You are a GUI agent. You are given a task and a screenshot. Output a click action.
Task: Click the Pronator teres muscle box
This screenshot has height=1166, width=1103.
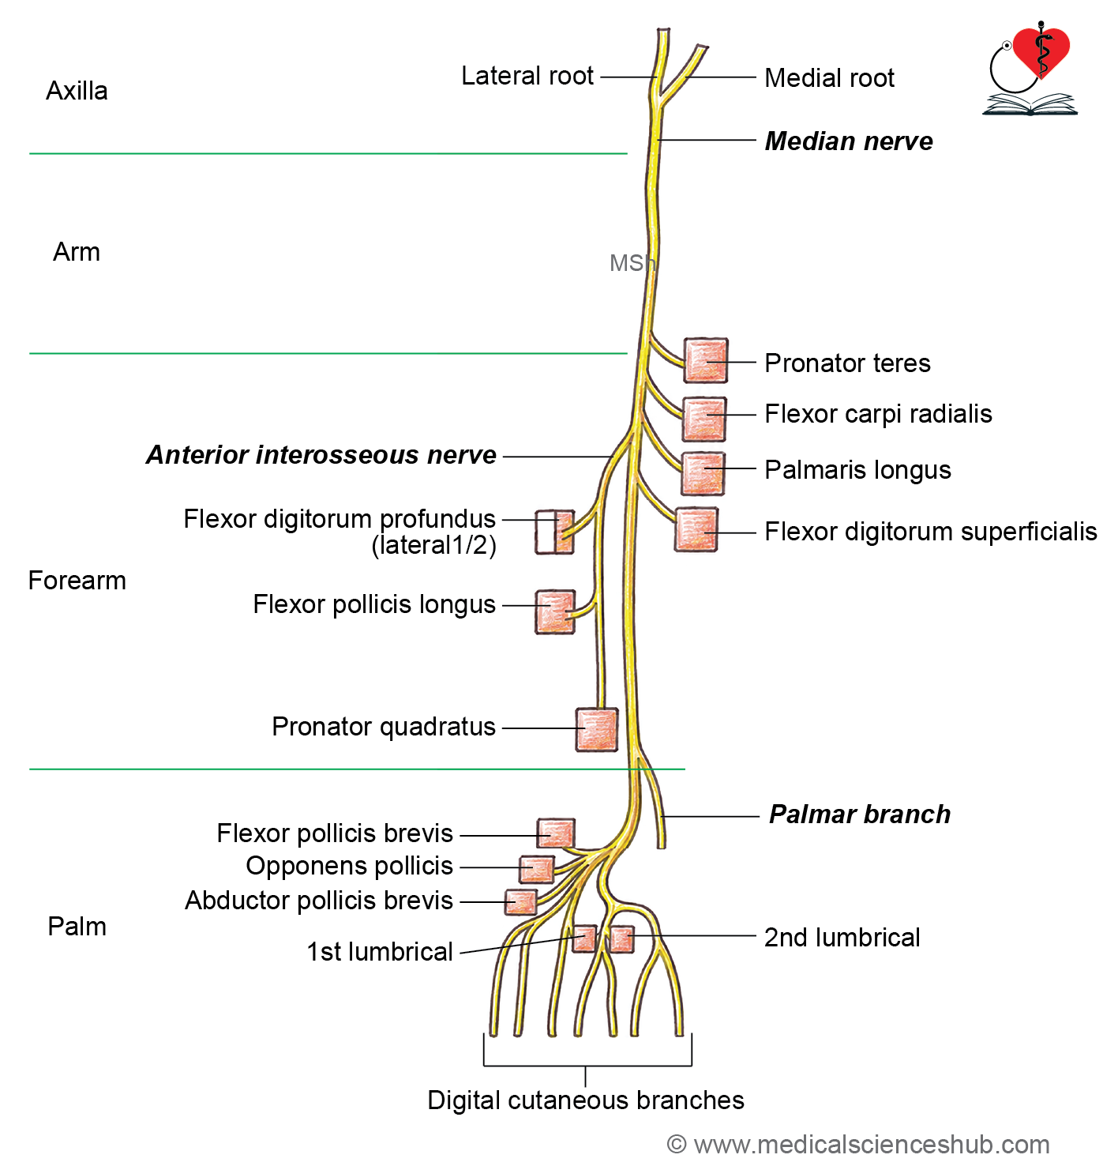click(705, 360)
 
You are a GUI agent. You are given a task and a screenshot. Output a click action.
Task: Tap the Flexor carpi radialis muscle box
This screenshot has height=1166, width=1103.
click(704, 419)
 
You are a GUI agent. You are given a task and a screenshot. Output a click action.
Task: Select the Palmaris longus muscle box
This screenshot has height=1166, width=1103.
click(703, 473)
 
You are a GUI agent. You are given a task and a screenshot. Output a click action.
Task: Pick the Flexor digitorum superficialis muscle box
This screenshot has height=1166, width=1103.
click(696, 529)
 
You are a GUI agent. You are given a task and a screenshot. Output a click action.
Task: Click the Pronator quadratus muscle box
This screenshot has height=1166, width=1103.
click(596, 729)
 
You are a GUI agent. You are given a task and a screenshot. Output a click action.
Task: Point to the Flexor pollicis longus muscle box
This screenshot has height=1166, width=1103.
click(554, 611)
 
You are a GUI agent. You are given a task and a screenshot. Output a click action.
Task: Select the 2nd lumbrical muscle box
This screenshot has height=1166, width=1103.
click(621, 939)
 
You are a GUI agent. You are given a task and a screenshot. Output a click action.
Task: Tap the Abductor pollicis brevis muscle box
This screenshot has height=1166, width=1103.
click(520, 902)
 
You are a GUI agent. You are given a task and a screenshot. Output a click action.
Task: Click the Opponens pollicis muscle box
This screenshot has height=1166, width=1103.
click(536, 869)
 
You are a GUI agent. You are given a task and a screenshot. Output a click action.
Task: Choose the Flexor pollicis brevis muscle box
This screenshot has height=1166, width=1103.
click(555, 833)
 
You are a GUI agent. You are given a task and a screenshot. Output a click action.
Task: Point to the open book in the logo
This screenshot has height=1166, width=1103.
click(1029, 103)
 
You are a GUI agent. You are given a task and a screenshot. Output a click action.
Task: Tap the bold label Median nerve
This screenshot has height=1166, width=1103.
click(848, 141)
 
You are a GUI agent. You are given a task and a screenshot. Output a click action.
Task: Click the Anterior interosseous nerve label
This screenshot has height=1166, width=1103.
click(321, 455)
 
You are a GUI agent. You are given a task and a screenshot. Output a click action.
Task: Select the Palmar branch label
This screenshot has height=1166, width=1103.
click(859, 814)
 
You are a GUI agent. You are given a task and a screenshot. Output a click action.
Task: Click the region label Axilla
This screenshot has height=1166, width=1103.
click(77, 91)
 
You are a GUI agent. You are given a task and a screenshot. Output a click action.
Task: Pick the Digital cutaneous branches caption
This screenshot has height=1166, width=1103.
click(585, 1100)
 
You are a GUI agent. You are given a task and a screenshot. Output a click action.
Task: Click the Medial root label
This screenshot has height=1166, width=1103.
click(829, 77)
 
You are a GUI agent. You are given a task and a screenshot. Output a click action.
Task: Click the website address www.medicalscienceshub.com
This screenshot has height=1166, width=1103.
click(871, 1145)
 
